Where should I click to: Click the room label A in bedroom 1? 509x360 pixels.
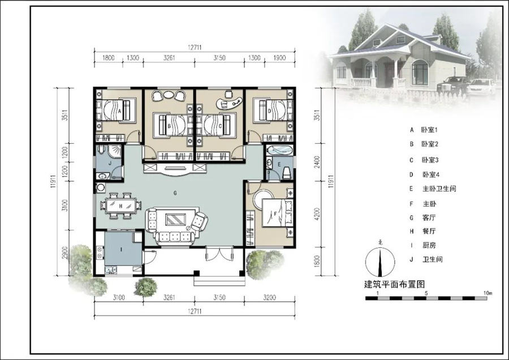click(119, 111)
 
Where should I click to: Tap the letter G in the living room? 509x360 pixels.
click(175, 193)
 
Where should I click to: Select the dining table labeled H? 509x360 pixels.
click(120, 205)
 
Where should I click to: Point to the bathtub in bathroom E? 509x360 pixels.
click(279, 151)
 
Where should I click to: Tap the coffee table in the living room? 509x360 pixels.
click(176, 219)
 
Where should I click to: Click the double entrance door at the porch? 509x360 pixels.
click(219, 254)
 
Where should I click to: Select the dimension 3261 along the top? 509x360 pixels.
click(169, 58)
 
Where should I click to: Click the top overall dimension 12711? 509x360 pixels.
click(195, 48)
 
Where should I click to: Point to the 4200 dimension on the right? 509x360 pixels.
click(317, 214)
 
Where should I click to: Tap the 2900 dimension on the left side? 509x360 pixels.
click(64, 253)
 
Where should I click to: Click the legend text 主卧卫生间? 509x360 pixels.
click(439, 188)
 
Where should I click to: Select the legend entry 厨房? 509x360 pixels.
click(429, 245)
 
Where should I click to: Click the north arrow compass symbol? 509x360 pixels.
click(380, 262)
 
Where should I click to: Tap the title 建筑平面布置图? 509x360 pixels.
click(394, 284)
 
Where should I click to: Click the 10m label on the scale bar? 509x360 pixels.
click(488, 293)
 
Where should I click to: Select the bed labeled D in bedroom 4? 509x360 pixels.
click(270, 110)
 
